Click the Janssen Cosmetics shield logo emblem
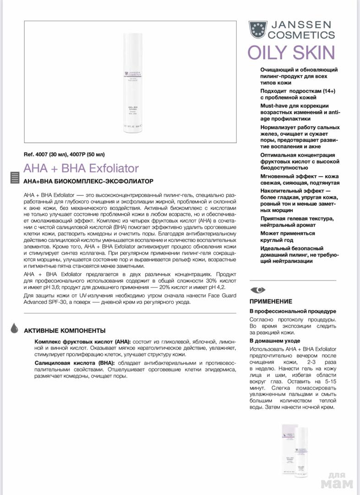tap(258, 29)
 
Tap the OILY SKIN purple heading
tap(291, 53)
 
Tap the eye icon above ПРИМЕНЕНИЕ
tap(258, 290)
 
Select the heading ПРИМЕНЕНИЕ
tap(271, 302)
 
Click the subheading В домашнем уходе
tap(275, 341)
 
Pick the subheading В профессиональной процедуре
tap(293, 311)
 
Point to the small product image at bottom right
tap(295, 451)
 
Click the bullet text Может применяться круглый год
tap(288, 236)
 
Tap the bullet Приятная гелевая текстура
tap(297, 218)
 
